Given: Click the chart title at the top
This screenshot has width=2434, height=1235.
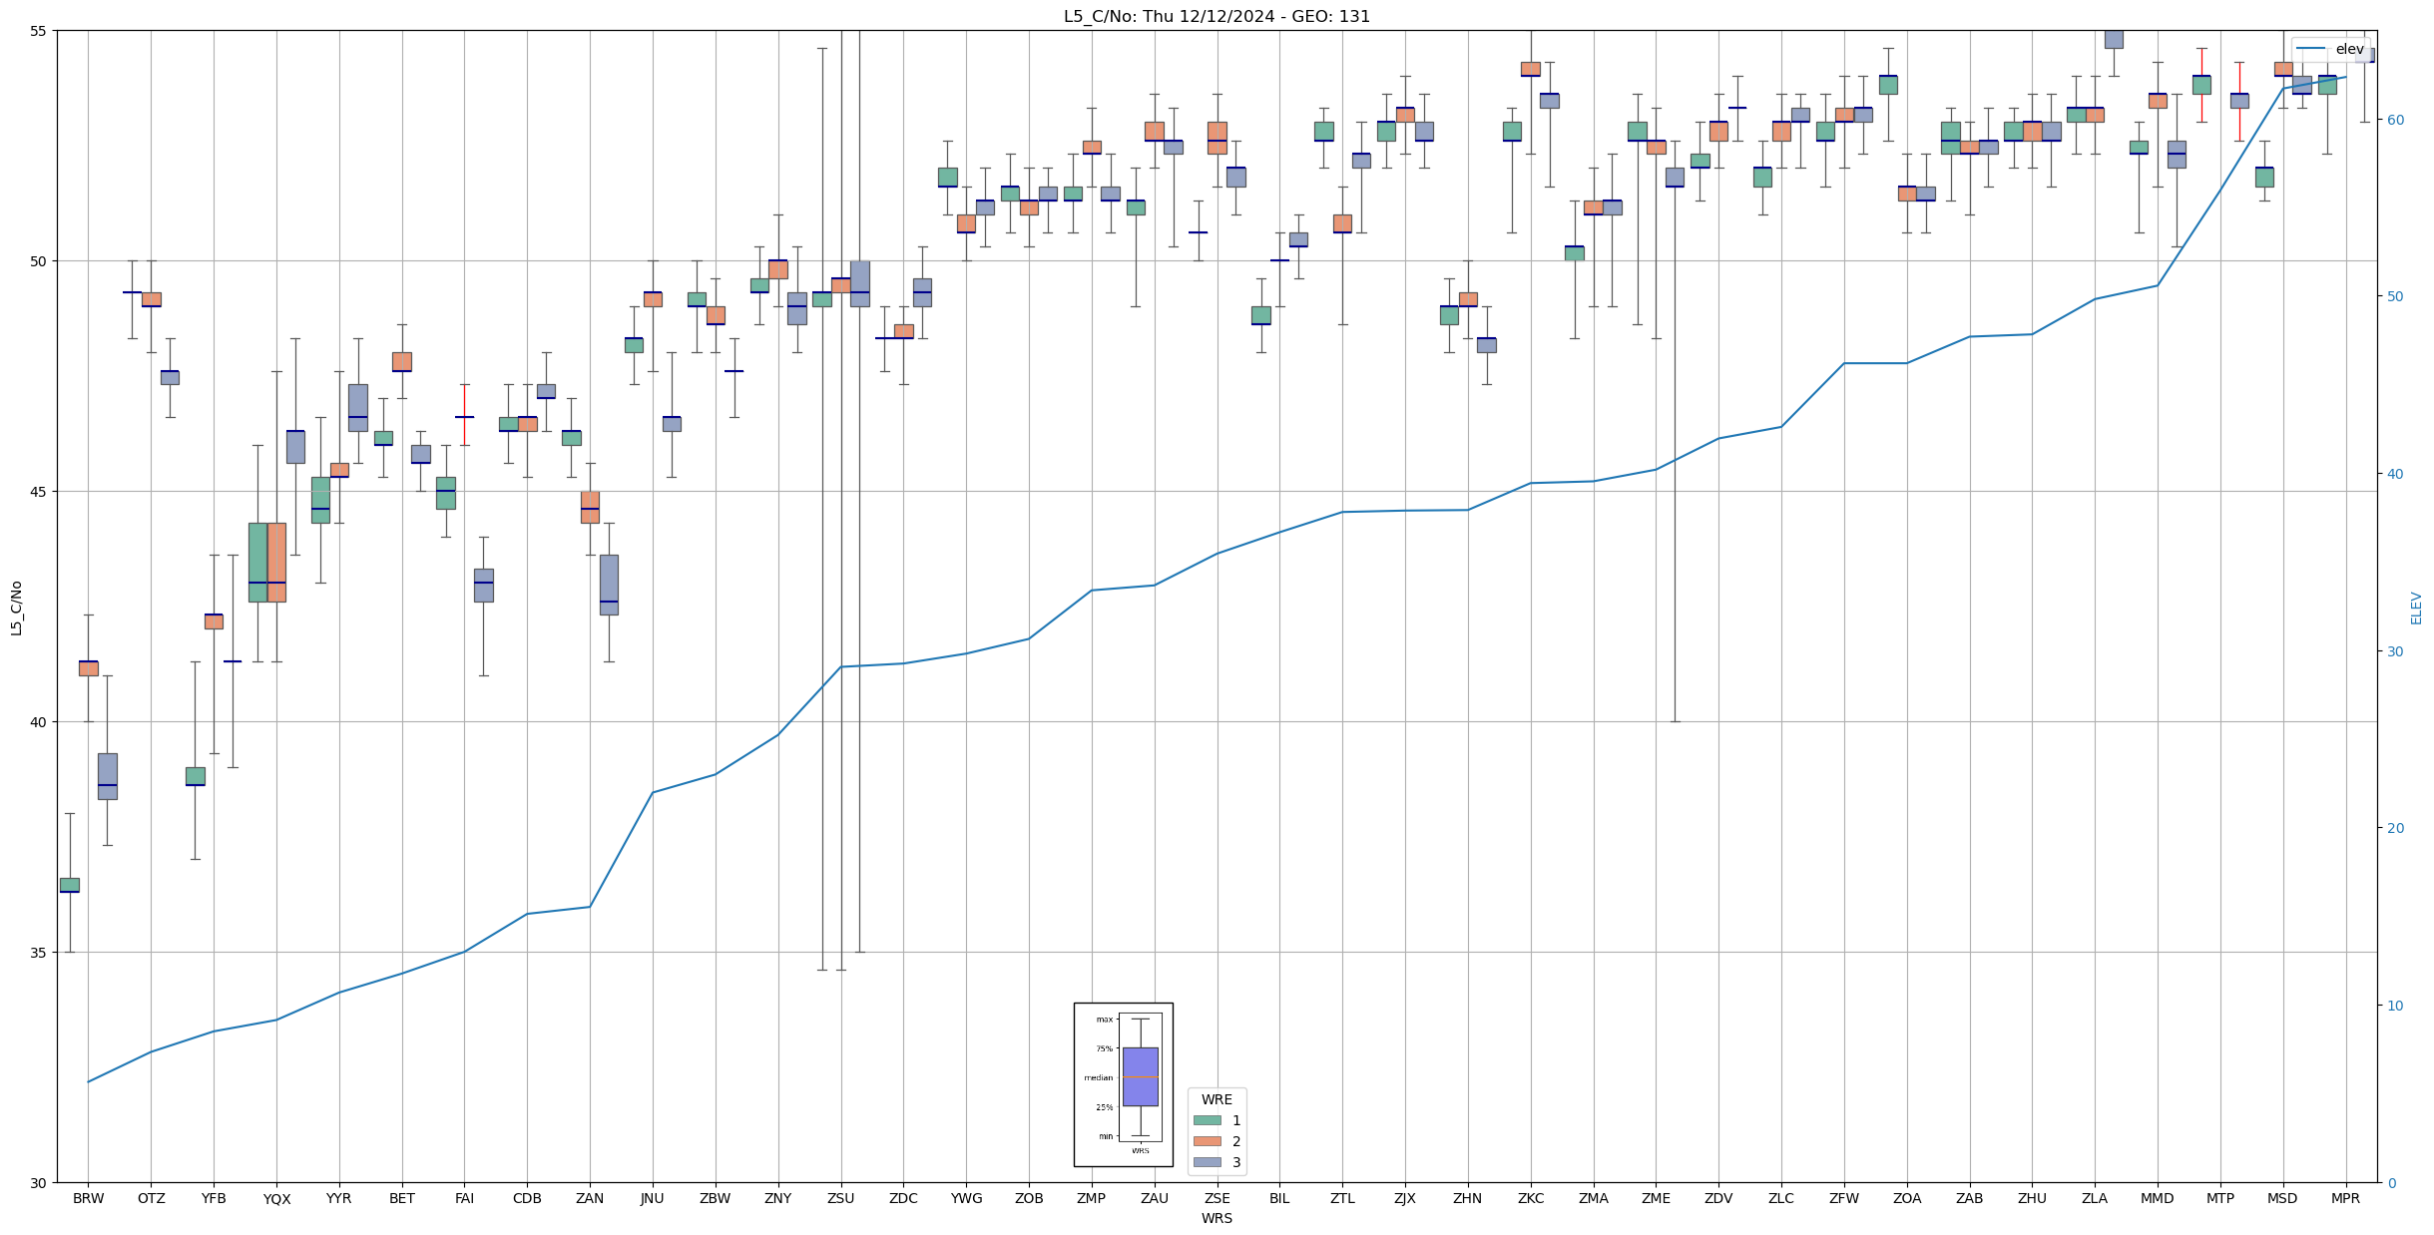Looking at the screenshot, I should [x=1217, y=16].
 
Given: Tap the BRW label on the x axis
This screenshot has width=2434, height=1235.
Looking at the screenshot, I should [x=88, y=1198].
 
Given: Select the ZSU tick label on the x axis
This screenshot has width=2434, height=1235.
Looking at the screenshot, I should [x=840, y=1198].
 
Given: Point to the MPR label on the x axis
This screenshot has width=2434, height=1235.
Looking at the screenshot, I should [x=2345, y=1198].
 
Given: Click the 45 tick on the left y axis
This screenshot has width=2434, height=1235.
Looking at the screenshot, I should [x=39, y=492].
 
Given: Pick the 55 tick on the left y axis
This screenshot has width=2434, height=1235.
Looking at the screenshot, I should [x=39, y=31].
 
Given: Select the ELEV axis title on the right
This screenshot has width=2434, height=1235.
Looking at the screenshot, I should [x=2416, y=608].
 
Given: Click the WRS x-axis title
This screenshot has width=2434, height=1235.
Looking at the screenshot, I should [x=1217, y=1218].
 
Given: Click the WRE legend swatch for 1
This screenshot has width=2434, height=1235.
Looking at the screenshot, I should [x=1207, y=1120].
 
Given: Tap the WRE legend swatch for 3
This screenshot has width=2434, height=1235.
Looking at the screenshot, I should [x=1207, y=1162].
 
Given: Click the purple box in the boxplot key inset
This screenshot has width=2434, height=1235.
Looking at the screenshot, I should [x=1140, y=1076].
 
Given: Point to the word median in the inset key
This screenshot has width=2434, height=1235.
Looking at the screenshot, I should [x=1098, y=1077].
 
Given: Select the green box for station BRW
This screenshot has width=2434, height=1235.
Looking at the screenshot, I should [x=69, y=885].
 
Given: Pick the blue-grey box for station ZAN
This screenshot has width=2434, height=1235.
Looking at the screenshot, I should [x=609, y=585].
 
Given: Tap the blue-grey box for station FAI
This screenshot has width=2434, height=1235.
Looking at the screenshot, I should [x=483, y=585].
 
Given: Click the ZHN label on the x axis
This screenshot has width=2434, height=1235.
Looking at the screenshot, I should [x=1467, y=1198].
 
